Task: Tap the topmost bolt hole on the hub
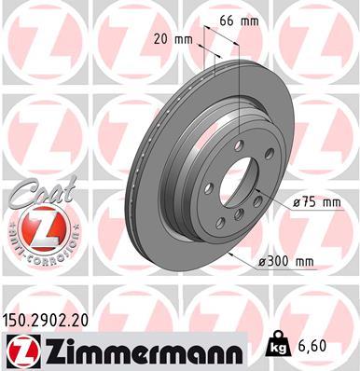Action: [x=242, y=144]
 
